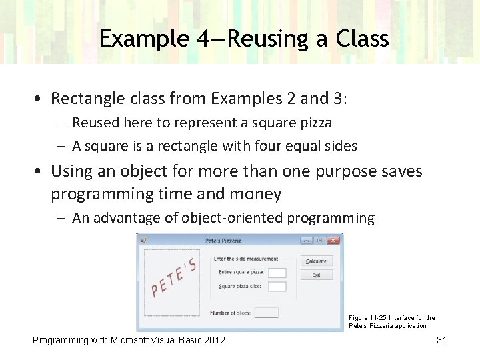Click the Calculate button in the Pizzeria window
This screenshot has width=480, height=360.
pos(316,261)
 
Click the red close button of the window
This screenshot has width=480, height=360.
pos(333,240)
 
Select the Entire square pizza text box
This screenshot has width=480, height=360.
pos(277,273)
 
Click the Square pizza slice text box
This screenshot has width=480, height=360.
pos(277,287)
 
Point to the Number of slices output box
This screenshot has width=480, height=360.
pos(266,313)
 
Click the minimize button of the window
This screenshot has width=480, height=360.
pos(307,240)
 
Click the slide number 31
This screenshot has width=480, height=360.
pos(441,340)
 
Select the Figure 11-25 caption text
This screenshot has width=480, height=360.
pos(392,322)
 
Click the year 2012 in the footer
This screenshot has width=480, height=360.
pos(211,340)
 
